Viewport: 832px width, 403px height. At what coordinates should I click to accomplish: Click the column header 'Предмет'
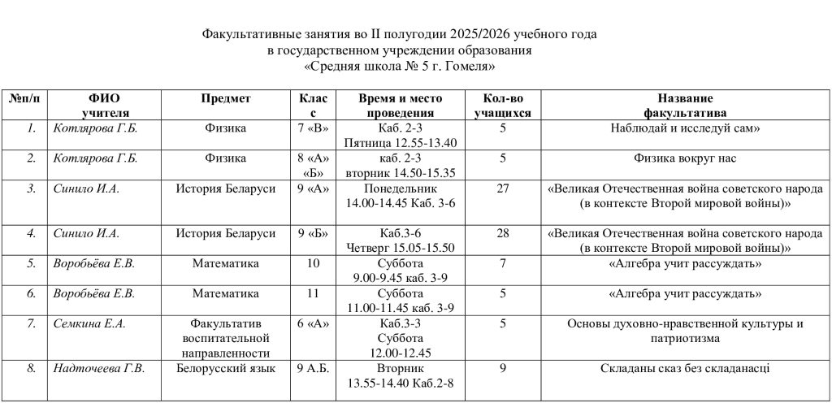pyautogui.click(x=226, y=98)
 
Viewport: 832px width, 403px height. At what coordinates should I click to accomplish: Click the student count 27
pyautogui.click(x=502, y=189)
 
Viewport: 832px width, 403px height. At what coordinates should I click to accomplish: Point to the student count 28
pyautogui.click(x=502, y=234)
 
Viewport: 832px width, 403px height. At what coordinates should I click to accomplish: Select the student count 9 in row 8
pyautogui.click(x=503, y=369)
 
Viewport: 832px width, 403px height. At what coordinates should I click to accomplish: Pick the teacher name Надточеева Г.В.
pyautogui.click(x=98, y=369)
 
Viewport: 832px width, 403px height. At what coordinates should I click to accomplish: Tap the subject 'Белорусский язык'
pyautogui.click(x=226, y=369)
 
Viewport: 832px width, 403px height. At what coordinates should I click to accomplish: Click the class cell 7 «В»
pyautogui.click(x=312, y=128)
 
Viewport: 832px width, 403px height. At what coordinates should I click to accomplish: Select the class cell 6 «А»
pyautogui.click(x=312, y=324)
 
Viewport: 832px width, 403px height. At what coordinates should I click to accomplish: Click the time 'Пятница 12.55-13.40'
pyautogui.click(x=401, y=143)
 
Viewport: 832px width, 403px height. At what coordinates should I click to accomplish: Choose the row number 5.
pyautogui.click(x=31, y=263)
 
